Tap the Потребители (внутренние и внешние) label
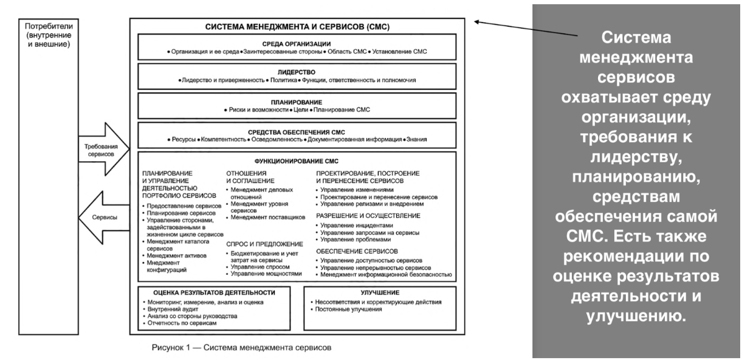coord(47,35)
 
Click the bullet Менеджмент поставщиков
coord(256,216)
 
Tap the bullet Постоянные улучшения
coord(348,310)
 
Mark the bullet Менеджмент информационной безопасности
coord(386,275)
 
